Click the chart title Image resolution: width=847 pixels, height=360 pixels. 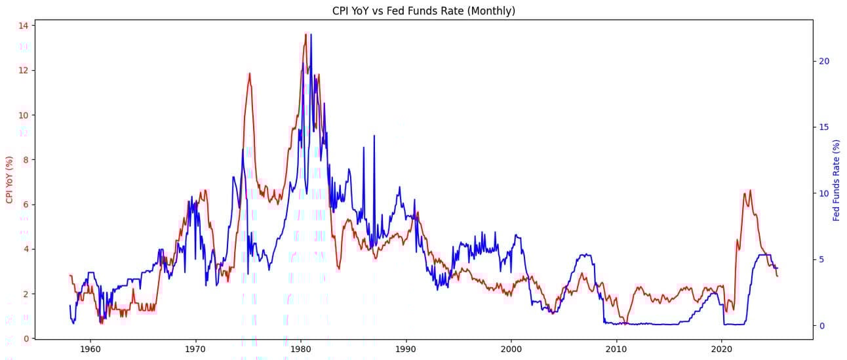[x=423, y=10]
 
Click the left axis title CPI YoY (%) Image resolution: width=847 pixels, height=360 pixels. [x=9, y=180]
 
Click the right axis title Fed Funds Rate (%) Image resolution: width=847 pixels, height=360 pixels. [x=837, y=180]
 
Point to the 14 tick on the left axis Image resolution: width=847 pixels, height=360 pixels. [x=23, y=26]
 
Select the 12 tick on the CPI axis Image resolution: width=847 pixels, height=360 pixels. [x=23, y=70]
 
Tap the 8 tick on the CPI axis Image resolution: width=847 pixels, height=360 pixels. [x=25, y=160]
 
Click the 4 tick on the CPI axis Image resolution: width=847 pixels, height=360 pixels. [x=25, y=249]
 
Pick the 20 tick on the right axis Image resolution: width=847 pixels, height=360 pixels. [x=824, y=61]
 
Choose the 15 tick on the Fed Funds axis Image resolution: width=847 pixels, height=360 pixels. [x=824, y=127]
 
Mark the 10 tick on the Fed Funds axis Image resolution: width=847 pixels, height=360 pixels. [x=824, y=193]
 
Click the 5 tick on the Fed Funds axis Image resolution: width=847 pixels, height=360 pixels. [x=821, y=260]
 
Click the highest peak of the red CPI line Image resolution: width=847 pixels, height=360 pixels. [x=305, y=33]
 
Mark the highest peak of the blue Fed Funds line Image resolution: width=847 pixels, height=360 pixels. [x=311, y=34]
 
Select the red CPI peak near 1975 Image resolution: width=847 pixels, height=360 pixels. [x=249, y=73]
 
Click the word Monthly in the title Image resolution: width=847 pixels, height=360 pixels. [x=492, y=10]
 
